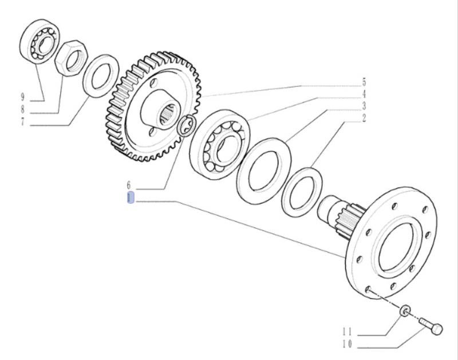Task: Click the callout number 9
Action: coord(23,96)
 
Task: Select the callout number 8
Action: coord(23,109)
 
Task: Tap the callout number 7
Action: coord(23,122)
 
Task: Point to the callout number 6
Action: coord(129,185)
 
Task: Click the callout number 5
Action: coord(364,82)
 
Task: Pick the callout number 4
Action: coord(364,94)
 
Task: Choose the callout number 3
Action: coord(364,106)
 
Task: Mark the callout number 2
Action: coord(364,118)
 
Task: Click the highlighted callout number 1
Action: coord(131,197)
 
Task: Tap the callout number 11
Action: coord(348,332)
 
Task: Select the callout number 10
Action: coord(348,345)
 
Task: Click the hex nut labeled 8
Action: coord(71,58)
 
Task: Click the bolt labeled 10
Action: coord(432,326)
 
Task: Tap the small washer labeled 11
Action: coord(405,310)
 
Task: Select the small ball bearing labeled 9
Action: coord(41,41)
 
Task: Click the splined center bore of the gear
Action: coord(169,117)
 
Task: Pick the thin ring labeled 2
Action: coord(302,192)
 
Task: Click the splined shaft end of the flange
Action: coord(342,216)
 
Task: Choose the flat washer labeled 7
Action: coord(101,76)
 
